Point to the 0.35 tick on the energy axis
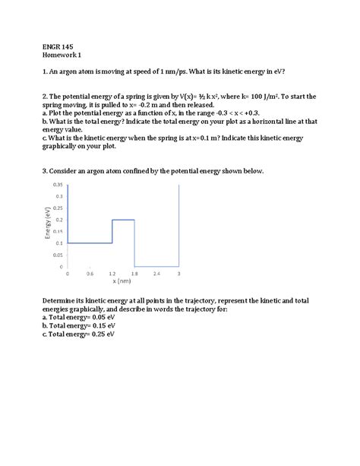58,185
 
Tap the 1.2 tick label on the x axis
112,273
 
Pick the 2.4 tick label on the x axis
156,273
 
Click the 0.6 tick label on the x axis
90,273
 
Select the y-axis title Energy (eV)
48,226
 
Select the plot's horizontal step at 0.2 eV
124,220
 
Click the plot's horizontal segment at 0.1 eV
90,243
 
